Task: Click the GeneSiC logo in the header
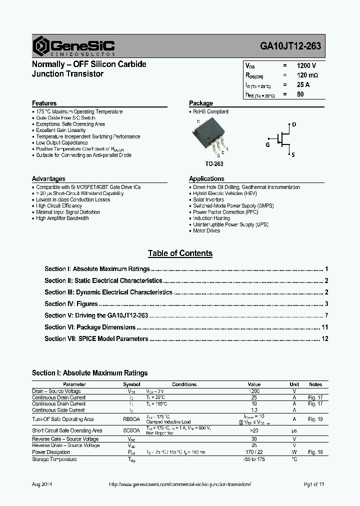tap(73, 46)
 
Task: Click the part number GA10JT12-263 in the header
tap(290, 47)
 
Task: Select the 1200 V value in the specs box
tap(306, 65)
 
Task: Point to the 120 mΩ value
tap(307, 75)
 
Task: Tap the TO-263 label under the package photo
tap(214, 164)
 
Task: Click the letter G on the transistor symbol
tap(267, 144)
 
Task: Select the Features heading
tap(44, 103)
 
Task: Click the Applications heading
tap(206, 178)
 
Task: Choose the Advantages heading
tap(48, 178)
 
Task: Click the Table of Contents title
tap(180, 253)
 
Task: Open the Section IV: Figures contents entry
tap(71, 304)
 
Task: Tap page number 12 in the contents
tap(324, 339)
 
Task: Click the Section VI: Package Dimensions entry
tap(90, 327)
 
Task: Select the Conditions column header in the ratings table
tap(184, 384)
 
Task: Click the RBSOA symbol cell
tap(131, 419)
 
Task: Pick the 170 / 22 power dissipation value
tap(254, 452)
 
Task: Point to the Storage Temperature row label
tap(54, 459)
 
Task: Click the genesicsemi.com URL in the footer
tap(179, 485)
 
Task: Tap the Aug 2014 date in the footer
tap(42, 485)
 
